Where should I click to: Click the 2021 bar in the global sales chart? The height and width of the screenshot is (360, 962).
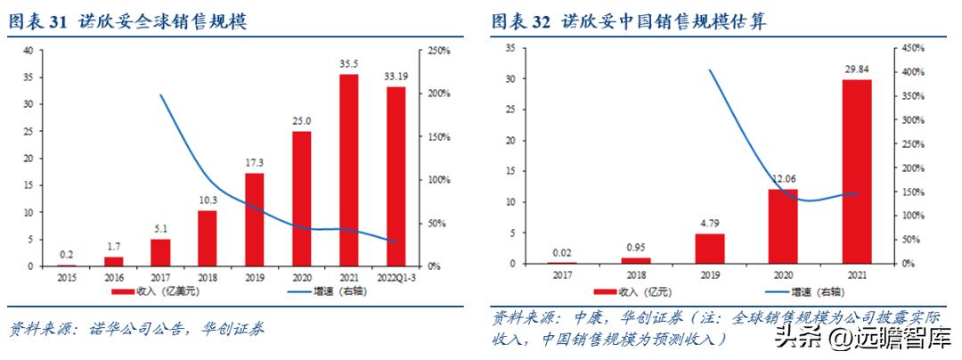point(349,170)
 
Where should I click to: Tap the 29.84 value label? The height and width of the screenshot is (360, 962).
point(857,69)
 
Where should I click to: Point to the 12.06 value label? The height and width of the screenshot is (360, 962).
point(783,178)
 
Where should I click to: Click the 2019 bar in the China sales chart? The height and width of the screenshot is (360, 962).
point(710,249)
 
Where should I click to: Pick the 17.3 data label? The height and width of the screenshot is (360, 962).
point(255,162)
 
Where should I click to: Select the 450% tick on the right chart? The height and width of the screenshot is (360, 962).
point(912,47)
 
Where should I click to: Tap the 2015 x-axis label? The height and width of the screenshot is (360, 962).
point(67,276)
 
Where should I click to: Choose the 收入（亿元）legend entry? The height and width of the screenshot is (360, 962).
point(640,290)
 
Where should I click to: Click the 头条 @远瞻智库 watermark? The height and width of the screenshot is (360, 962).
point(862,338)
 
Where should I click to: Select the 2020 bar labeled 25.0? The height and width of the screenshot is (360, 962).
point(302,199)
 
